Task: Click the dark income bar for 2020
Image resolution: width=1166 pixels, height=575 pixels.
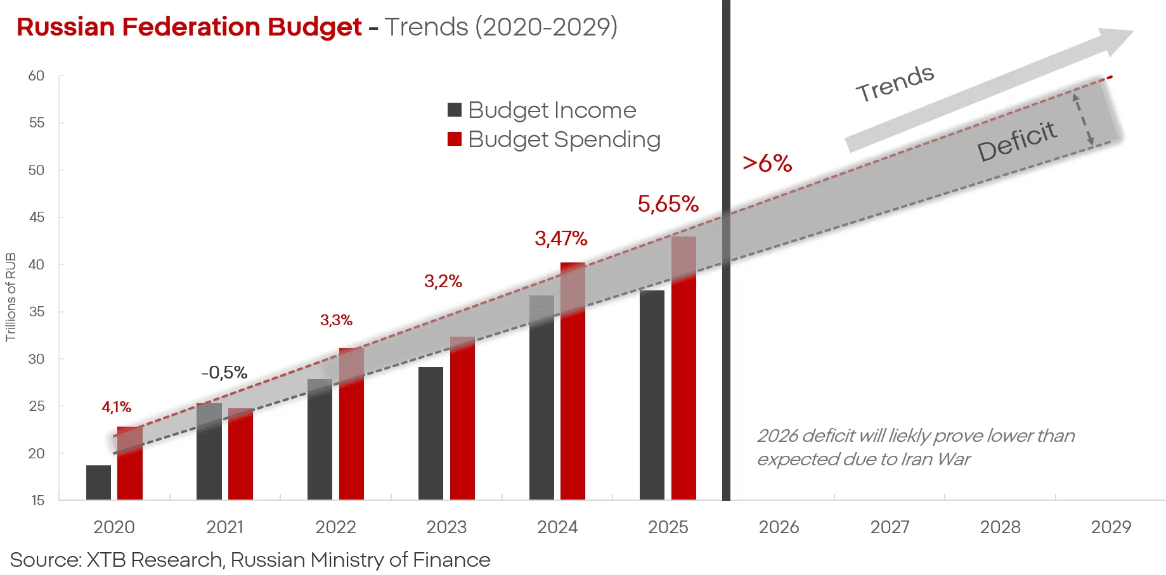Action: (x=98, y=482)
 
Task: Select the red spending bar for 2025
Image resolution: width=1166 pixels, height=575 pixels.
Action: (x=683, y=368)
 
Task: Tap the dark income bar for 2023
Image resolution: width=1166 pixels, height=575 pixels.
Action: (x=431, y=434)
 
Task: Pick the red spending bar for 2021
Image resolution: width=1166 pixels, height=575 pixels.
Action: (x=240, y=454)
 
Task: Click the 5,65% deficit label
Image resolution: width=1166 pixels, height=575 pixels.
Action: (x=668, y=204)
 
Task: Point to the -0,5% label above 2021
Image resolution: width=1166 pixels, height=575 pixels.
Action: (x=224, y=372)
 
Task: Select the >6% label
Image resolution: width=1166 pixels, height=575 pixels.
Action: (x=767, y=164)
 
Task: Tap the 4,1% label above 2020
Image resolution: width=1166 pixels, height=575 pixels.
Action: (x=117, y=407)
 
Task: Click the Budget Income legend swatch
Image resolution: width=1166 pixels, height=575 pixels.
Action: (x=455, y=110)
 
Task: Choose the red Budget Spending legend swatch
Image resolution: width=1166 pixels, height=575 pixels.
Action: (x=455, y=139)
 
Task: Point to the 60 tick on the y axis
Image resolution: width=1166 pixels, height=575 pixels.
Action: (x=36, y=76)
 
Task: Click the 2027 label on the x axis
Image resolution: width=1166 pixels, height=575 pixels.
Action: (x=890, y=527)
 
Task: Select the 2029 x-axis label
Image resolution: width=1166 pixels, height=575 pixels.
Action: (x=1111, y=527)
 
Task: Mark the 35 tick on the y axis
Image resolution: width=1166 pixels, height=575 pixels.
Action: (x=36, y=312)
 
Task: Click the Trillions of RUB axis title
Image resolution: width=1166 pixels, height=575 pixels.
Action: (x=11, y=297)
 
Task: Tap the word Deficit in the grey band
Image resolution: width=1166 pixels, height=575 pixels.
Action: (x=1016, y=141)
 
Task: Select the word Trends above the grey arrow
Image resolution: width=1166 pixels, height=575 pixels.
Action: (x=895, y=83)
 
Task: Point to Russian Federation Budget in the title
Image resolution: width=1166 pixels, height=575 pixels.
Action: (x=189, y=27)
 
